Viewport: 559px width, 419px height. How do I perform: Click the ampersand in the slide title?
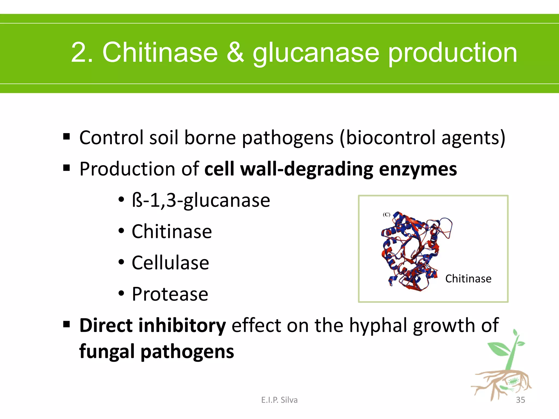235,52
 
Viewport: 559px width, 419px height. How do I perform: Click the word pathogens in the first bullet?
288,138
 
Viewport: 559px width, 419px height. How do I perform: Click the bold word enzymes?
418,170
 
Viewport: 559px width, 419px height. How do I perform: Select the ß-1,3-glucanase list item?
201,200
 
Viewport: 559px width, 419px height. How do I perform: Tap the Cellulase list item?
170,263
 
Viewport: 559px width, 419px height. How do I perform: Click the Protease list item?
170,294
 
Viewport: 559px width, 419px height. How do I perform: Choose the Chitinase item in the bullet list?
172,232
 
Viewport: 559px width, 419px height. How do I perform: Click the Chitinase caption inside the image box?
468,279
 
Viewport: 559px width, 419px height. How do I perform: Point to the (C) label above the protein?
386,215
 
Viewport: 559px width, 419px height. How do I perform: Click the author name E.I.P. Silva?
279,400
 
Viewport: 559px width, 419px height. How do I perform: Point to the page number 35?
520,400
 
